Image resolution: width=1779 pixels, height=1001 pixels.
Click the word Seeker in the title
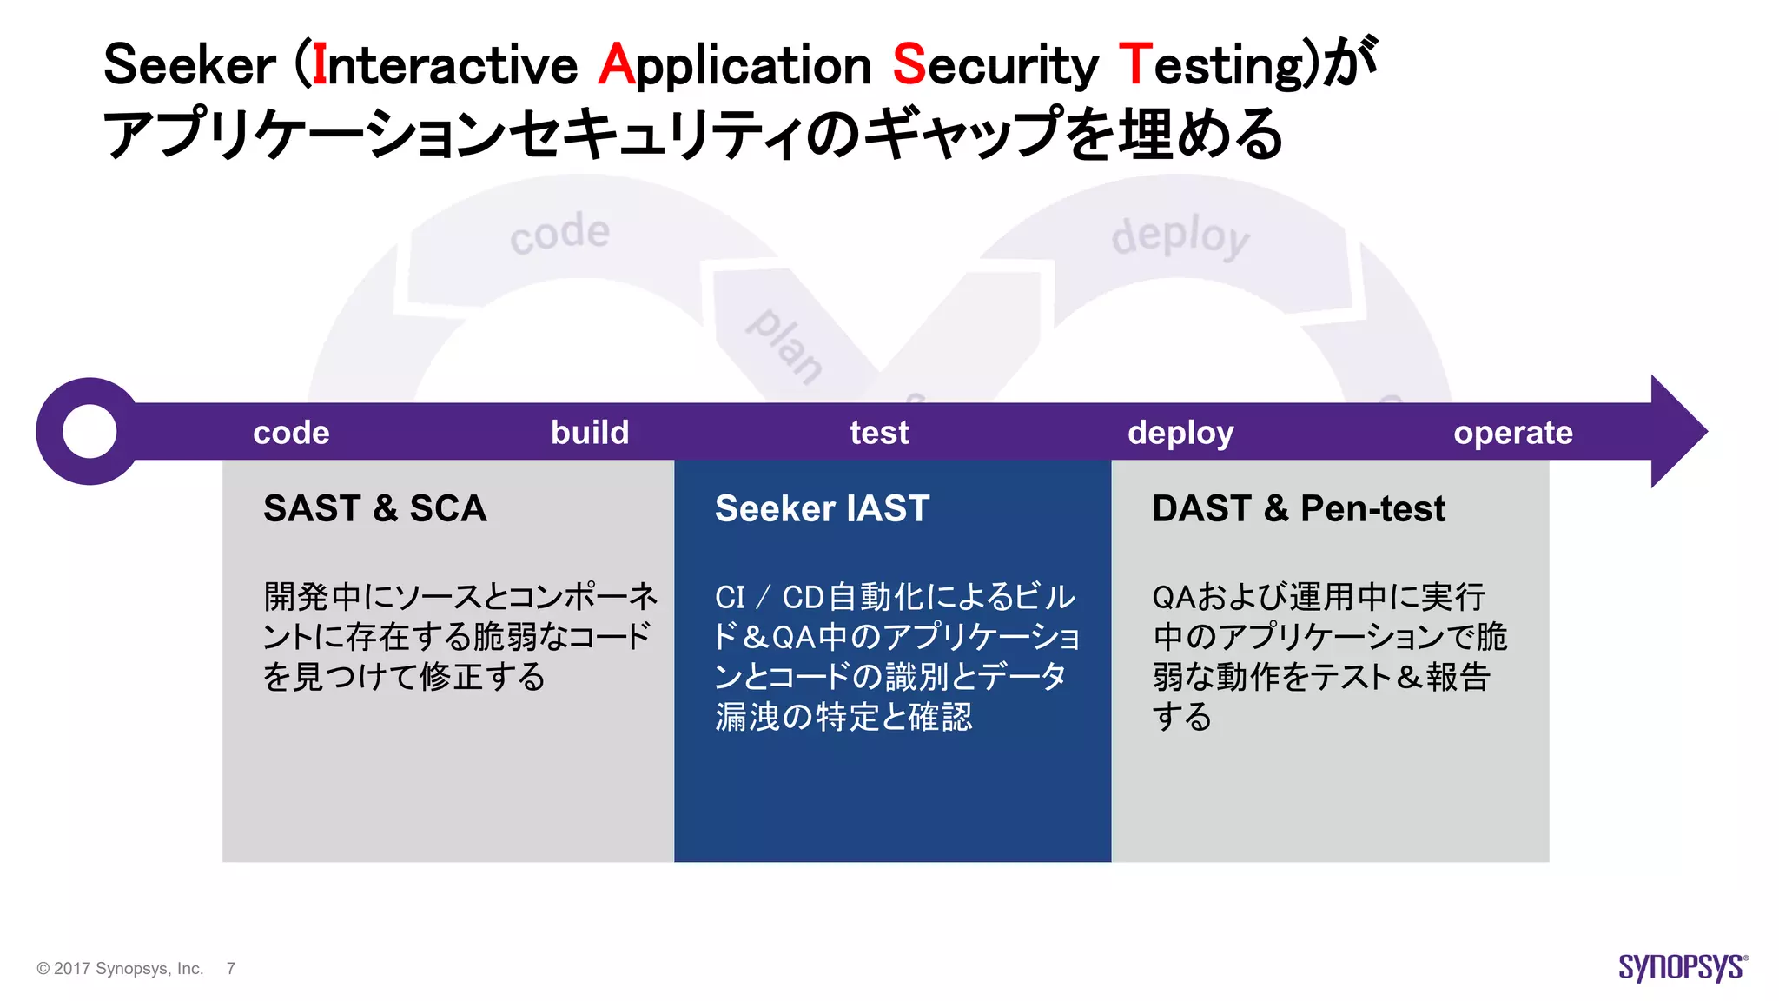pos(189,65)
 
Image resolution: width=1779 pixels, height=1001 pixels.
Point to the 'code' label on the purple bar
pos(291,433)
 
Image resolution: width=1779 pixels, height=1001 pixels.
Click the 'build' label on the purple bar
pos(590,433)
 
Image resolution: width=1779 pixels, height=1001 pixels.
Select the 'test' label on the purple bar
pos(879,433)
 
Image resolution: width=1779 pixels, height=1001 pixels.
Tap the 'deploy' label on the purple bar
pos(1180,433)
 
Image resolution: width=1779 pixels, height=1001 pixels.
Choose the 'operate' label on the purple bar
pos(1513,433)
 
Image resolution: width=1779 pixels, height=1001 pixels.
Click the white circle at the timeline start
pos(89,431)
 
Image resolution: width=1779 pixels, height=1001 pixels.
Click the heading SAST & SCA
pos(374,508)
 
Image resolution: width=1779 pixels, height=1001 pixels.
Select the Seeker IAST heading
pos(822,508)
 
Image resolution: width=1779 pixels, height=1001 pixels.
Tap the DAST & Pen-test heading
pos(1299,508)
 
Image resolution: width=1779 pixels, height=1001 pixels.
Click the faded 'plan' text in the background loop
pos(785,345)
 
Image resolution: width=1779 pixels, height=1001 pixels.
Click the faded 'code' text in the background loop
pos(559,233)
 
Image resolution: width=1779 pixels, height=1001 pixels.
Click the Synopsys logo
pos(1682,967)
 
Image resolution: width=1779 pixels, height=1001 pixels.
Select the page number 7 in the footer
pos(230,968)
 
